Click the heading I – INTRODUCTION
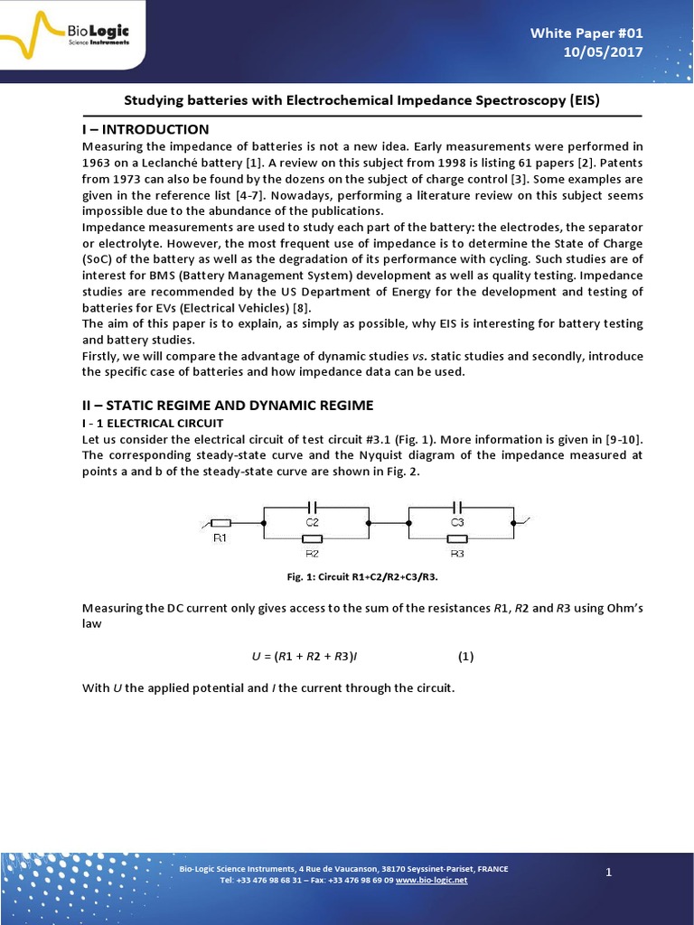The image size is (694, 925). (145, 129)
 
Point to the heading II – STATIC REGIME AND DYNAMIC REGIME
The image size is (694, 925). (227, 405)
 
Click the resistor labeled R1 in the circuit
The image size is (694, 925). (220, 523)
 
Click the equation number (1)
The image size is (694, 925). (465, 657)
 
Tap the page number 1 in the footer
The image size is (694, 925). (609, 872)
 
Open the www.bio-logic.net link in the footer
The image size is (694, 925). (431, 880)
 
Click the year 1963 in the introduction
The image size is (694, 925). (98, 163)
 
